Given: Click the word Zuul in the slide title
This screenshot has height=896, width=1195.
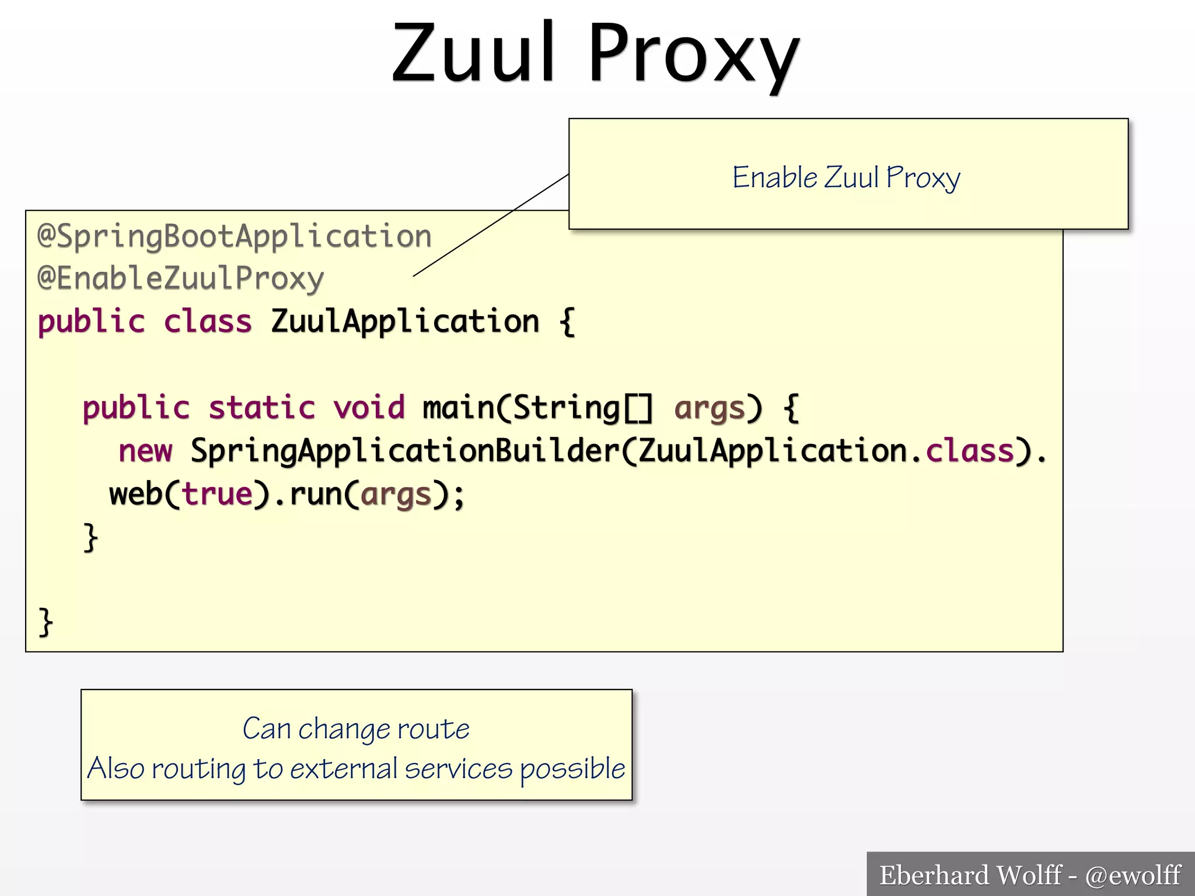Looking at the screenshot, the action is click(473, 54).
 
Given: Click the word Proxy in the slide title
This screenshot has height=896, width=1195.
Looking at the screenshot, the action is click(693, 56).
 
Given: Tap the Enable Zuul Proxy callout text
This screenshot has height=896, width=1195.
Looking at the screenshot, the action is click(846, 177).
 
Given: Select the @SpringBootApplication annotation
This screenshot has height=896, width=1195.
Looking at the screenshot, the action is click(234, 237).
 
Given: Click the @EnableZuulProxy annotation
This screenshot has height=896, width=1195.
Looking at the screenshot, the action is click(180, 279).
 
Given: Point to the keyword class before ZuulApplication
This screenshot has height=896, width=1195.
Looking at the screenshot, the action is click(208, 322).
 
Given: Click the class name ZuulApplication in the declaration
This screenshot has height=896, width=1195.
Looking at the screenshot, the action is click(405, 322).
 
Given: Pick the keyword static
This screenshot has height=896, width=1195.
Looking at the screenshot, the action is click(261, 407).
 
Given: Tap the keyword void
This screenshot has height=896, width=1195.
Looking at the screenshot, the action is click(369, 407).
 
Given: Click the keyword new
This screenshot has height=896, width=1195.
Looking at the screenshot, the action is click(145, 451).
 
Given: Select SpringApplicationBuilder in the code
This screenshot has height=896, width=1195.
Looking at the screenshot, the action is click(405, 451).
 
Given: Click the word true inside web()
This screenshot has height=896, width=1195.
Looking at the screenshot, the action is click(217, 494).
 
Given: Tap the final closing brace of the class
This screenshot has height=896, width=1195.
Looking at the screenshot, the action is click(46, 622).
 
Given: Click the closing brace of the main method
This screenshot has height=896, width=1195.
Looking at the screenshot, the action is click(90, 537).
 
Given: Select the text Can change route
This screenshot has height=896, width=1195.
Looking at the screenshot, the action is click(356, 729).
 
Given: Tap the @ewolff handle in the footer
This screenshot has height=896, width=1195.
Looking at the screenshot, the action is click(1133, 875).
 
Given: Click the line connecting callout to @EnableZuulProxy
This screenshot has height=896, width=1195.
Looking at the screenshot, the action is click(490, 225).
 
